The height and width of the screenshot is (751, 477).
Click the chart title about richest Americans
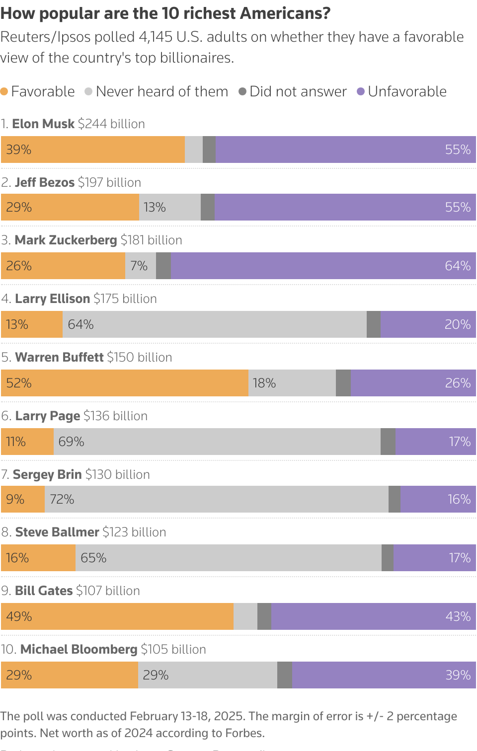(165, 13)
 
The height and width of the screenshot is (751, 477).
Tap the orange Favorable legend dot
(4, 91)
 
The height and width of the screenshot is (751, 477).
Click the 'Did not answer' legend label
(298, 91)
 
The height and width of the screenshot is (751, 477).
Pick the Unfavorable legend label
(407, 91)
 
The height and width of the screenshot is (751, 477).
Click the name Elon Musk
(43, 124)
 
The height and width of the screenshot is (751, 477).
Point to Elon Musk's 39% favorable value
(19, 150)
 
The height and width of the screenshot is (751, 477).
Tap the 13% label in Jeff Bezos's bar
(155, 207)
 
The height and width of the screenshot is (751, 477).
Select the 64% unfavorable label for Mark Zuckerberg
(457, 266)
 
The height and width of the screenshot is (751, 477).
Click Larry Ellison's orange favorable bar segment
(32, 324)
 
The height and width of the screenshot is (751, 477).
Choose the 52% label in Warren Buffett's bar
(19, 383)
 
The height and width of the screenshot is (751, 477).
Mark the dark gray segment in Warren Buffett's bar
(343, 383)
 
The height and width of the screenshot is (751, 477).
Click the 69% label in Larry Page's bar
(71, 442)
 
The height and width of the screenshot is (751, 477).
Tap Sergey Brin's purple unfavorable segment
(438, 499)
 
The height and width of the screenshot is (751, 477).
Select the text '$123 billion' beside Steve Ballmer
(134, 532)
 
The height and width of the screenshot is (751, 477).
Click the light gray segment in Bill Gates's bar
(245, 616)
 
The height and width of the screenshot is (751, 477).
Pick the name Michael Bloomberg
(79, 649)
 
